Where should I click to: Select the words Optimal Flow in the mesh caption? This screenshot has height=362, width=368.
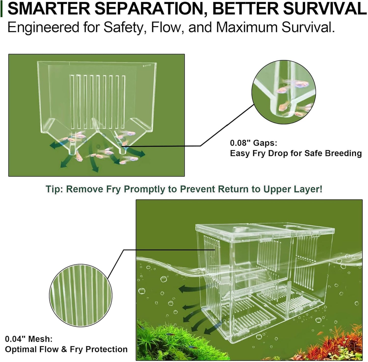(x=32, y=350)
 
